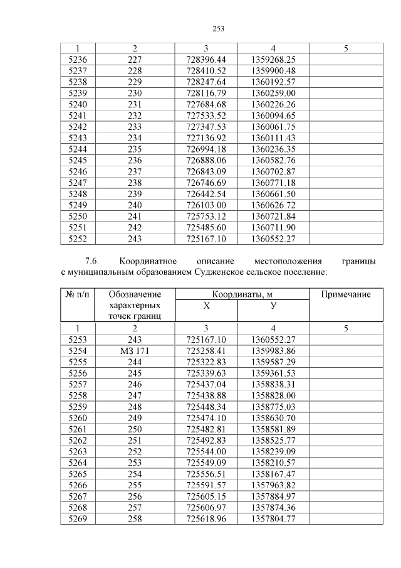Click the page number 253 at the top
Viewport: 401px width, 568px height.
point(218,28)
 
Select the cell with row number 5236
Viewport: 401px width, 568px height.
point(78,59)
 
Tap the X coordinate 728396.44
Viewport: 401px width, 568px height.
point(206,59)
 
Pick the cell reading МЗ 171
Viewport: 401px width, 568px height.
point(135,350)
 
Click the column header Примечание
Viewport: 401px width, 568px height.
point(346,294)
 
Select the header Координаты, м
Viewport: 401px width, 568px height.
point(242,294)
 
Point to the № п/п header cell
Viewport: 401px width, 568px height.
point(78,294)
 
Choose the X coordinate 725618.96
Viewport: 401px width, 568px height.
point(206,518)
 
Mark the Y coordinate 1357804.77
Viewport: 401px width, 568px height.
point(273,518)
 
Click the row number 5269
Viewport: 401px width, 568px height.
point(78,518)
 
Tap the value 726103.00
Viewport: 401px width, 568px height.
point(206,205)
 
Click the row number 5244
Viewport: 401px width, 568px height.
point(78,149)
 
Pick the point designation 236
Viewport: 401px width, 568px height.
point(135,160)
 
